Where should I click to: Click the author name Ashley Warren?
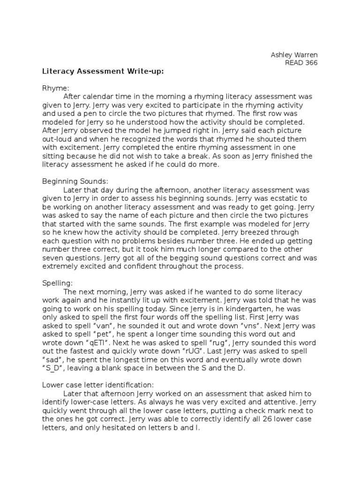coord(294,55)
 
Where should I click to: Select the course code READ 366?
coord(301,63)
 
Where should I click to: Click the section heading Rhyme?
coord(55,88)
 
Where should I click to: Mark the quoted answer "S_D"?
coord(57,367)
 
